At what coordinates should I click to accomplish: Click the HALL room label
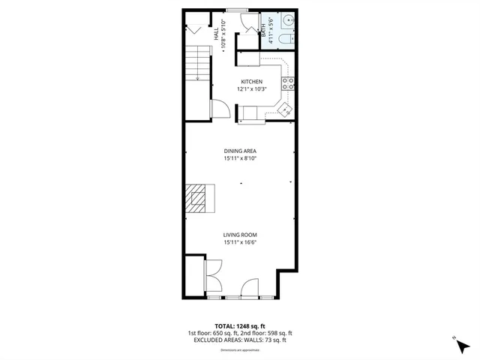coord(215,34)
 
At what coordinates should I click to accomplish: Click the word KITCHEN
coord(251,82)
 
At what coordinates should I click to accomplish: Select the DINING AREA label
coord(240,151)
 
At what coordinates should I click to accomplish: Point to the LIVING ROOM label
coord(240,234)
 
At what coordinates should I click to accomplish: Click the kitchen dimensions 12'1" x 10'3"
coord(251,89)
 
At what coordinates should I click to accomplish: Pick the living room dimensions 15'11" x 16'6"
coord(240,242)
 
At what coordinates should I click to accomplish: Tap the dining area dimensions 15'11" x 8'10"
coord(240,159)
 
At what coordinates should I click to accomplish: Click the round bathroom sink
coord(289,21)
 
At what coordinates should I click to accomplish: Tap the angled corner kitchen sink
coord(285,109)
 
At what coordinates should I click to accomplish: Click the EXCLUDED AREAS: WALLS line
coord(240,340)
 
